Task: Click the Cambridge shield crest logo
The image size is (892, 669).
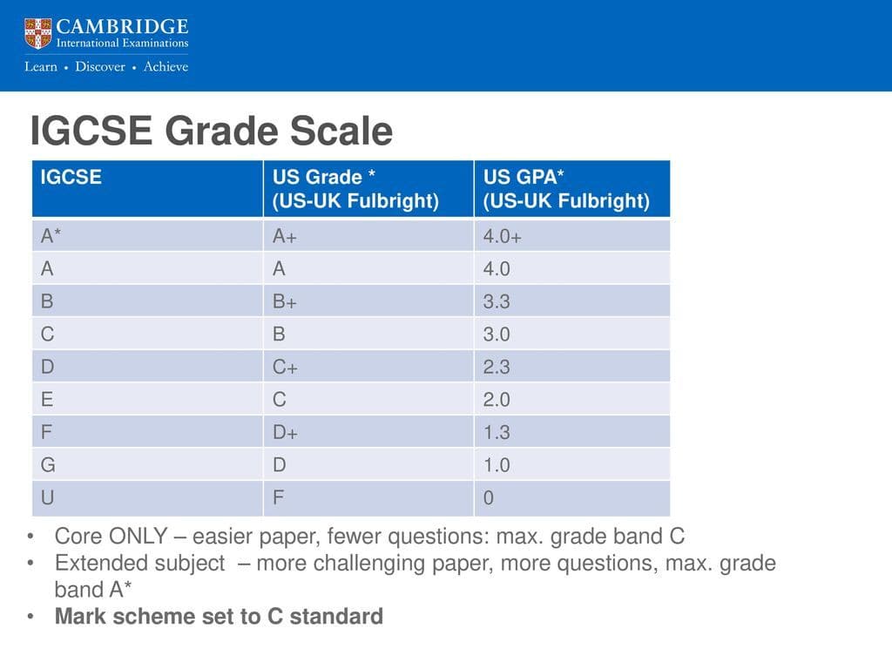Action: [38, 33]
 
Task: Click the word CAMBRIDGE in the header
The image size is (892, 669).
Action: [122, 25]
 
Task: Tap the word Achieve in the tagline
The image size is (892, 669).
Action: [166, 67]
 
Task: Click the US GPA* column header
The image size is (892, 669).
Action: [571, 188]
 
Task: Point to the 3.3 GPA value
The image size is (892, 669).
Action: [497, 301]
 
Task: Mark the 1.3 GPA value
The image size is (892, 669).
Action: [497, 432]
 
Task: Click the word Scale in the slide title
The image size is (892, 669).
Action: [341, 132]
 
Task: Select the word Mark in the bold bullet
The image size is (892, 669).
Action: [77, 617]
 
